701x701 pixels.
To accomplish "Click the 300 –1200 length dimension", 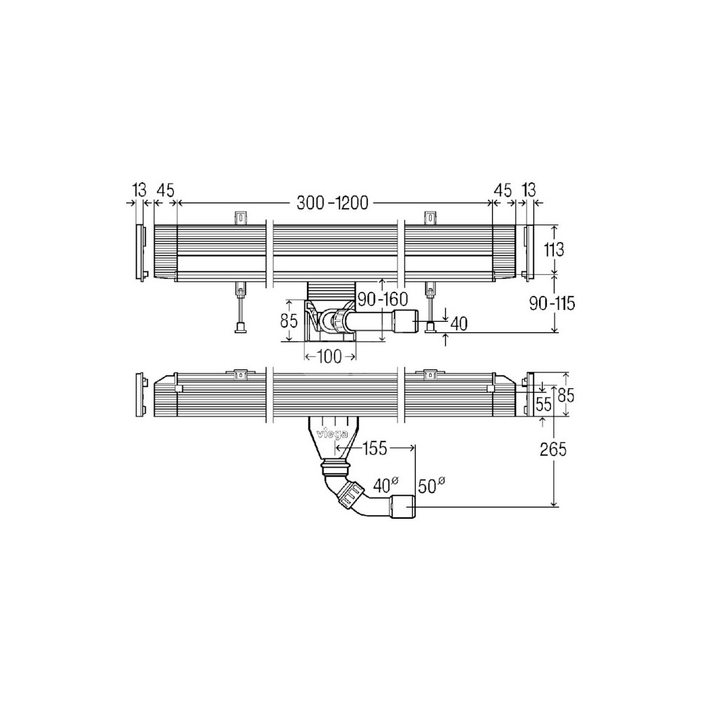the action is (332, 203).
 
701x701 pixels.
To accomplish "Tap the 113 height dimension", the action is (554, 250).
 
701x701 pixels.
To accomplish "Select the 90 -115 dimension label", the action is (552, 304).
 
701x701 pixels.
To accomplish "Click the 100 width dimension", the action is (329, 357).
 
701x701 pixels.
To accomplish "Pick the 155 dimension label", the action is (374, 449).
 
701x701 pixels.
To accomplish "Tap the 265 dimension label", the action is (553, 449).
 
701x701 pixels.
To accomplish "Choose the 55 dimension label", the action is (544, 404).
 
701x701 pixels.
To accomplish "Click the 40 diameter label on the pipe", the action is (386, 484).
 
